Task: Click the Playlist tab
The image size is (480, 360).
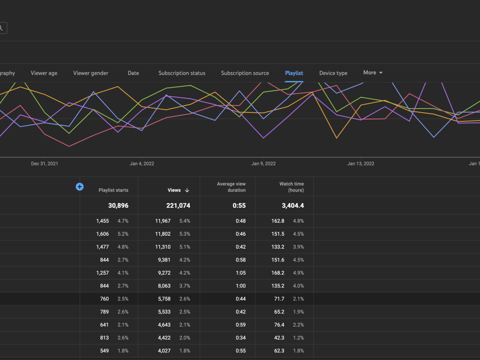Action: (294, 73)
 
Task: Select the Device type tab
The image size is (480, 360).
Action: (333, 73)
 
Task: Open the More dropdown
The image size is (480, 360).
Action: (373, 72)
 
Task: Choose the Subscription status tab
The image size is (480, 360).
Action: (182, 73)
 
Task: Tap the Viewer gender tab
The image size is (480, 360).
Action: (91, 73)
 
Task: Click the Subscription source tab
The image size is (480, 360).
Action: (245, 73)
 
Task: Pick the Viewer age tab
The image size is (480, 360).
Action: (44, 73)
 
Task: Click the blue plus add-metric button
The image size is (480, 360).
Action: (80, 187)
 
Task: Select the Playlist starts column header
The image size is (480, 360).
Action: (113, 190)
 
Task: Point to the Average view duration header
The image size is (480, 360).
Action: (231, 187)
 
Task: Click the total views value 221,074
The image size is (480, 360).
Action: (178, 206)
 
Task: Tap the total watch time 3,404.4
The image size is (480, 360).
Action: (293, 206)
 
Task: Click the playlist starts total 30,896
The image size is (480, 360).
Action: (118, 206)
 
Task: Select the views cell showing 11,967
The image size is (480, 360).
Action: (163, 221)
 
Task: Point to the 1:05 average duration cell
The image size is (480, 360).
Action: (240, 273)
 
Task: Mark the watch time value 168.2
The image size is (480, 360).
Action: (277, 273)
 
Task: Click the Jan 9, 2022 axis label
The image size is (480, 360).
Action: (263, 164)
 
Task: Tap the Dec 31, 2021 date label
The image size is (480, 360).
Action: (44, 164)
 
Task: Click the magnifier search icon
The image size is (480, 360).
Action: (1, 28)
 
